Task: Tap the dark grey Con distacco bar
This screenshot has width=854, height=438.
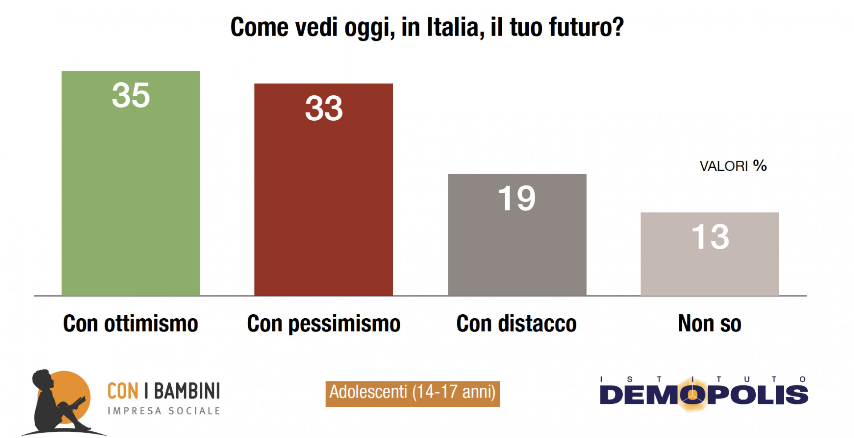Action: (x=517, y=249)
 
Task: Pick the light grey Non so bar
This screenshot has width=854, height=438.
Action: (x=709, y=267)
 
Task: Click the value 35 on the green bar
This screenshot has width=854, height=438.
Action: (x=131, y=95)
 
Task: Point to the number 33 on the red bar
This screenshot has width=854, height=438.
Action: (x=324, y=108)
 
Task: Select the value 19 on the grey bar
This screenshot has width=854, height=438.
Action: (x=517, y=198)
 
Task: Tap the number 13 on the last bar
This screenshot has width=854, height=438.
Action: (x=710, y=236)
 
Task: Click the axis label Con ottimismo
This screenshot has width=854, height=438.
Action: (x=130, y=324)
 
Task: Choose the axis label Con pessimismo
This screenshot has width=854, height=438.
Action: (x=323, y=324)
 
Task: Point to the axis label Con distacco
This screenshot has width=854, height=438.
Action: (x=516, y=324)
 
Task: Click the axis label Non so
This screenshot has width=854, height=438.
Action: (x=709, y=324)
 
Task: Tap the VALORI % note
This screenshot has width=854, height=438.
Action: (x=733, y=166)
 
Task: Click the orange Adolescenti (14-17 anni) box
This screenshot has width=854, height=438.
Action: (x=412, y=393)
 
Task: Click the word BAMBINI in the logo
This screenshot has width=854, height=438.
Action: (x=187, y=391)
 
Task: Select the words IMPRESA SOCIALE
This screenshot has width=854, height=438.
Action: (x=164, y=411)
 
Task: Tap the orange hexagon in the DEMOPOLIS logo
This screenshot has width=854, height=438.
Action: (x=693, y=394)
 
